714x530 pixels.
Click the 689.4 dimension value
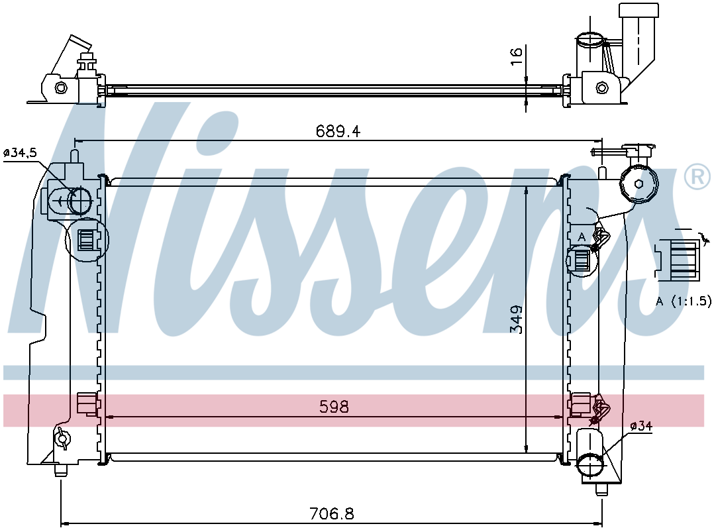point(338,132)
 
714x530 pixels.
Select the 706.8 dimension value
point(331,514)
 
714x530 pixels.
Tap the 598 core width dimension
point(334,406)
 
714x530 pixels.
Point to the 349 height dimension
point(517,319)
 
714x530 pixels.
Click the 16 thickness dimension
point(517,56)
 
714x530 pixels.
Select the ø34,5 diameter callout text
point(21,153)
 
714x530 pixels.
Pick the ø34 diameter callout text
point(641,426)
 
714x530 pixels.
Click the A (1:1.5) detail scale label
point(683,301)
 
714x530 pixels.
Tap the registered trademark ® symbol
point(697,177)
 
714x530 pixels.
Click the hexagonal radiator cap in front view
point(639,184)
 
